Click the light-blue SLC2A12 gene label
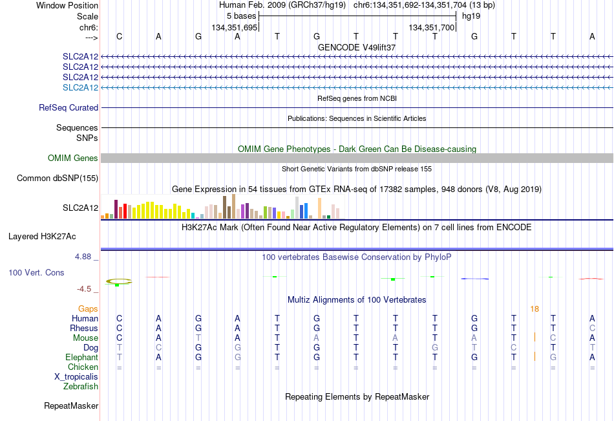point(80,87)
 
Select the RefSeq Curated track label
point(69,107)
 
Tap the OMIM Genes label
point(73,158)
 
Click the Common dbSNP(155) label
point(58,178)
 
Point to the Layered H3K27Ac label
point(42,237)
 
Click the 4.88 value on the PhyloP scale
point(83,256)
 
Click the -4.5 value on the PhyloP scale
point(84,289)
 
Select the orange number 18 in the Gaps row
point(535,309)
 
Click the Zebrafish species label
point(81,386)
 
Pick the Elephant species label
point(82,357)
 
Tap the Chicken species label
point(83,367)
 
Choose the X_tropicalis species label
point(76,377)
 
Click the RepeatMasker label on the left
point(71,405)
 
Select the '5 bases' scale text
point(241,16)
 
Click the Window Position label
point(67,5)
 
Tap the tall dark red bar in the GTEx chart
point(116,209)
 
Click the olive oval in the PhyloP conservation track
point(119,281)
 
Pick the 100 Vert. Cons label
point(36,272)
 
